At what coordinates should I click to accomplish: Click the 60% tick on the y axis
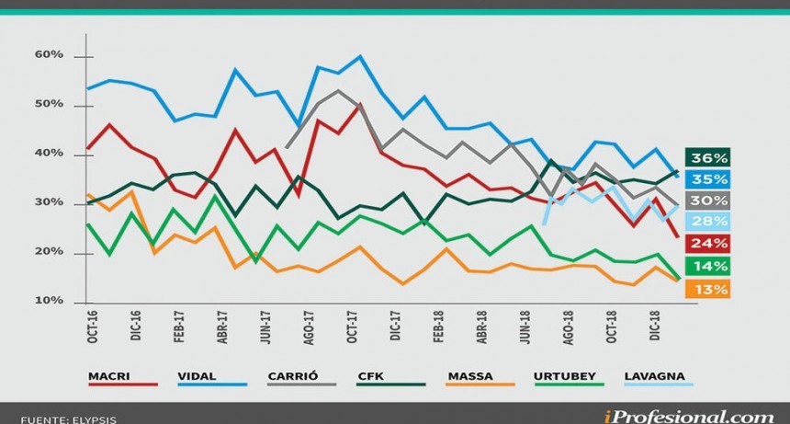pyautogui.click(x=50, y=54)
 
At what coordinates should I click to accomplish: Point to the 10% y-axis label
pyautogui.click(x=50, y=301)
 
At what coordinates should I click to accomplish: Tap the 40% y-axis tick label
pyautogui.click(x=50, y=153)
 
